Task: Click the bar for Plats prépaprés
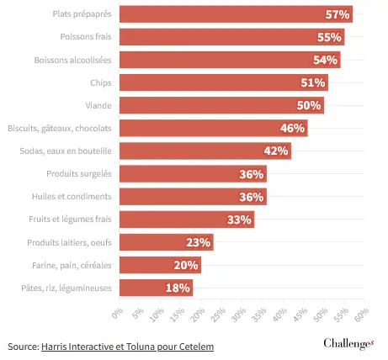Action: click(236, 14)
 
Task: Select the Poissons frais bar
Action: click(232, 37)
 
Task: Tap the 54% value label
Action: click(325, 60)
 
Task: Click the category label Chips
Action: click(101, 83)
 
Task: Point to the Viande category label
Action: click(98, 105)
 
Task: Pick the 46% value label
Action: click(292, 128)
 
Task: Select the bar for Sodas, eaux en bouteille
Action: click(205, 151)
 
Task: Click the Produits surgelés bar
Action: click(193, 174)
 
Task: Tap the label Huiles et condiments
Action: click(72, 196)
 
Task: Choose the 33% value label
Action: click(239, 220)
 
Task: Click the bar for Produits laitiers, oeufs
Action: click(167, 242)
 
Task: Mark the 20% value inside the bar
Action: click(186, 265)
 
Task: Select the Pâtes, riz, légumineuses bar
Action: click(157, 288)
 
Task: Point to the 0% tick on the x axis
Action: click(118, 313)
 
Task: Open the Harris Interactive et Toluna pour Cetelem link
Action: click(127, 347)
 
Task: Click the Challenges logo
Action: click(348, 344)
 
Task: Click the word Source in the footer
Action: click(22, 347)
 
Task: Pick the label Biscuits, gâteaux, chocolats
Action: click(60, 129)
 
